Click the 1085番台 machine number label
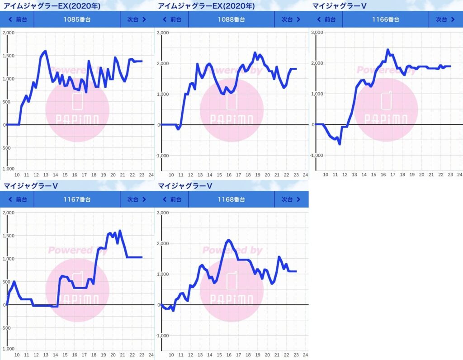pos(77,19)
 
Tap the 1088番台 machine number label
pos(231,19)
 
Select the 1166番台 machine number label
pos(385,19)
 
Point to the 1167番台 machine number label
pos(77,199)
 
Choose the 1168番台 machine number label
pos(231,199)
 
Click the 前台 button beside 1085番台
pos(18,19)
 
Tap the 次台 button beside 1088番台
pos(291,19)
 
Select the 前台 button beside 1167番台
pos(18,199)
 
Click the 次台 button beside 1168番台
pos(291,199)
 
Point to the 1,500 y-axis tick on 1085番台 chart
pos(9,56)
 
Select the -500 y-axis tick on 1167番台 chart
pos(9,327)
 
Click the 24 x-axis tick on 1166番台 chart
pos(459,175)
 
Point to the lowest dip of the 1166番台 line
pos(339,144)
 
